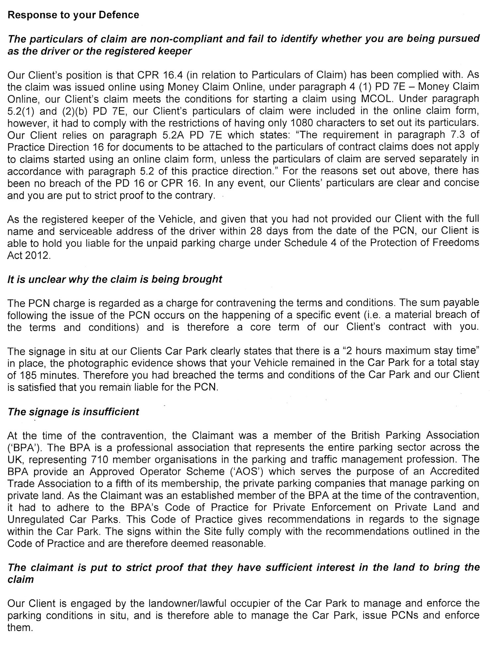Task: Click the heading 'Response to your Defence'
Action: [73, 15]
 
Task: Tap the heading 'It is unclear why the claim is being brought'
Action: [115, 279]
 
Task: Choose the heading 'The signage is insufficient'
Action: [73, 412]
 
